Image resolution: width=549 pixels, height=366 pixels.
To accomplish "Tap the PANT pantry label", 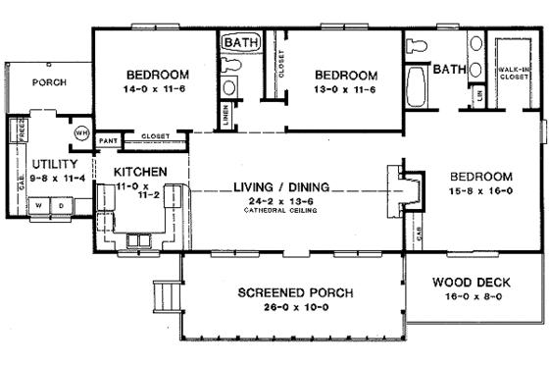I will click(x=109, y=141).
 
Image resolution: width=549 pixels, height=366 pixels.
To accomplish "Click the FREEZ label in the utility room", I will click(x=17, y=131).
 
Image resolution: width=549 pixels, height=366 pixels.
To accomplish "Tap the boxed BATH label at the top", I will click(x=239, y=43).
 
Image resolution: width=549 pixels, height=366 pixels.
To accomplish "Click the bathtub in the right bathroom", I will click(x=416, y=93).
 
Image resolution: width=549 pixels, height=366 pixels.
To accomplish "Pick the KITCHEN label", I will click(x=140, y=172).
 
